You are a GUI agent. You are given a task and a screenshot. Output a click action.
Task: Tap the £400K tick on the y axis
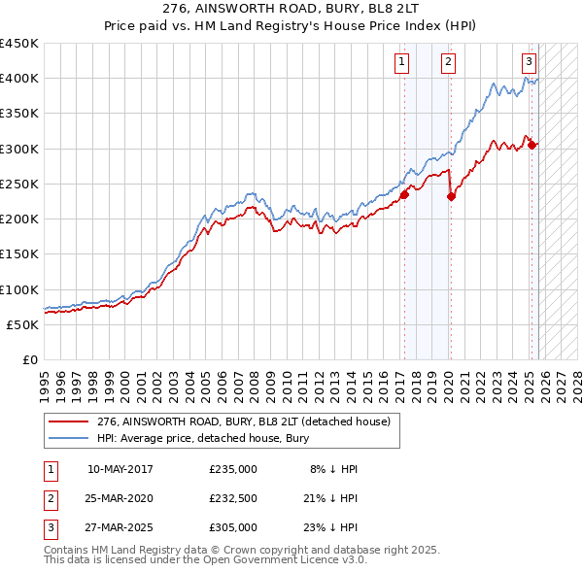pos(19,79)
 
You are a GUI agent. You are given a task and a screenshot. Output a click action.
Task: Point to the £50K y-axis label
pos(23,324)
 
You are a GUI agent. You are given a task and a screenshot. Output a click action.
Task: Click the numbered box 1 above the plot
pos(402,62)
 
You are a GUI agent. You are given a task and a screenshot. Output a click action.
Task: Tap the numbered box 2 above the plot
pos(449,62)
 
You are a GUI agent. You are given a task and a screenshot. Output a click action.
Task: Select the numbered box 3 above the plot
pos(530,62)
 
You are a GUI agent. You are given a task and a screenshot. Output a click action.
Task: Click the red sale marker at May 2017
pos(404,194)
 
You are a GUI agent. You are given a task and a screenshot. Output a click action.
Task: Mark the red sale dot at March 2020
pos(451,196)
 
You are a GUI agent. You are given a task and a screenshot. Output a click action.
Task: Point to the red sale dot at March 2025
pos(532,145)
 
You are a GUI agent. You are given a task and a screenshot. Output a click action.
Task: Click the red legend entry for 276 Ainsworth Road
pos(243,421)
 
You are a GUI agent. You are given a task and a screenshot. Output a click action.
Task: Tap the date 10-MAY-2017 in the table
pos(120,469)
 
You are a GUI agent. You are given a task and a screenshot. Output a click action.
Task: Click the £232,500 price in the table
pos(233,498)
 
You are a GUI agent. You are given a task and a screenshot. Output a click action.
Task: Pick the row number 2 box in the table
pos(50,498)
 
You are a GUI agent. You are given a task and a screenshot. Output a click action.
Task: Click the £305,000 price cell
pos(233,527)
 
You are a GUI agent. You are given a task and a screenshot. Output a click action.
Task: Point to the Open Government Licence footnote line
pos(205,560)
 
